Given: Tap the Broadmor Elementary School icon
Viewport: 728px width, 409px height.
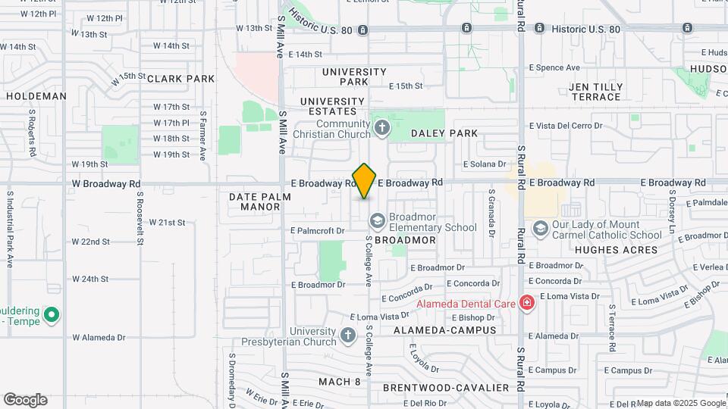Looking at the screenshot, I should [376, 220].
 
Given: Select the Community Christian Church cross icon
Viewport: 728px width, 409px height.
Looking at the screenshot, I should [381, 129].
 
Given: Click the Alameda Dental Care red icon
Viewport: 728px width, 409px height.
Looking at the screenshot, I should [527, 304].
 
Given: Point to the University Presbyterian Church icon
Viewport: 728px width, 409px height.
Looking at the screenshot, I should [347, 335].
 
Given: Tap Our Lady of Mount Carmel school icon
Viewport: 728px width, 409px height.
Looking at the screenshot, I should [540, 228].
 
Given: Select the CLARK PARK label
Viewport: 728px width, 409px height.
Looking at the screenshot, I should [181, 79].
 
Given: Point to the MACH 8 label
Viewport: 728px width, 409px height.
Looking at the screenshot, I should [340, 382].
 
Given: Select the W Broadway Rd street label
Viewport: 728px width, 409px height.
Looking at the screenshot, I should [106, 183].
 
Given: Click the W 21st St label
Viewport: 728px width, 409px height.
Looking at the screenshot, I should [167, 223].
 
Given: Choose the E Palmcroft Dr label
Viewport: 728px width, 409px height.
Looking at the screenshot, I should [317, 230].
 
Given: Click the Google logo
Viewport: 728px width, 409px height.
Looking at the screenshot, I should [25, 400].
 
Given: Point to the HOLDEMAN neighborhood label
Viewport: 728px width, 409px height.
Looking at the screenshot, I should [36, 96].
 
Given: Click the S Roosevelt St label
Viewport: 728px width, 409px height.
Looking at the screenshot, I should [140, 218].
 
